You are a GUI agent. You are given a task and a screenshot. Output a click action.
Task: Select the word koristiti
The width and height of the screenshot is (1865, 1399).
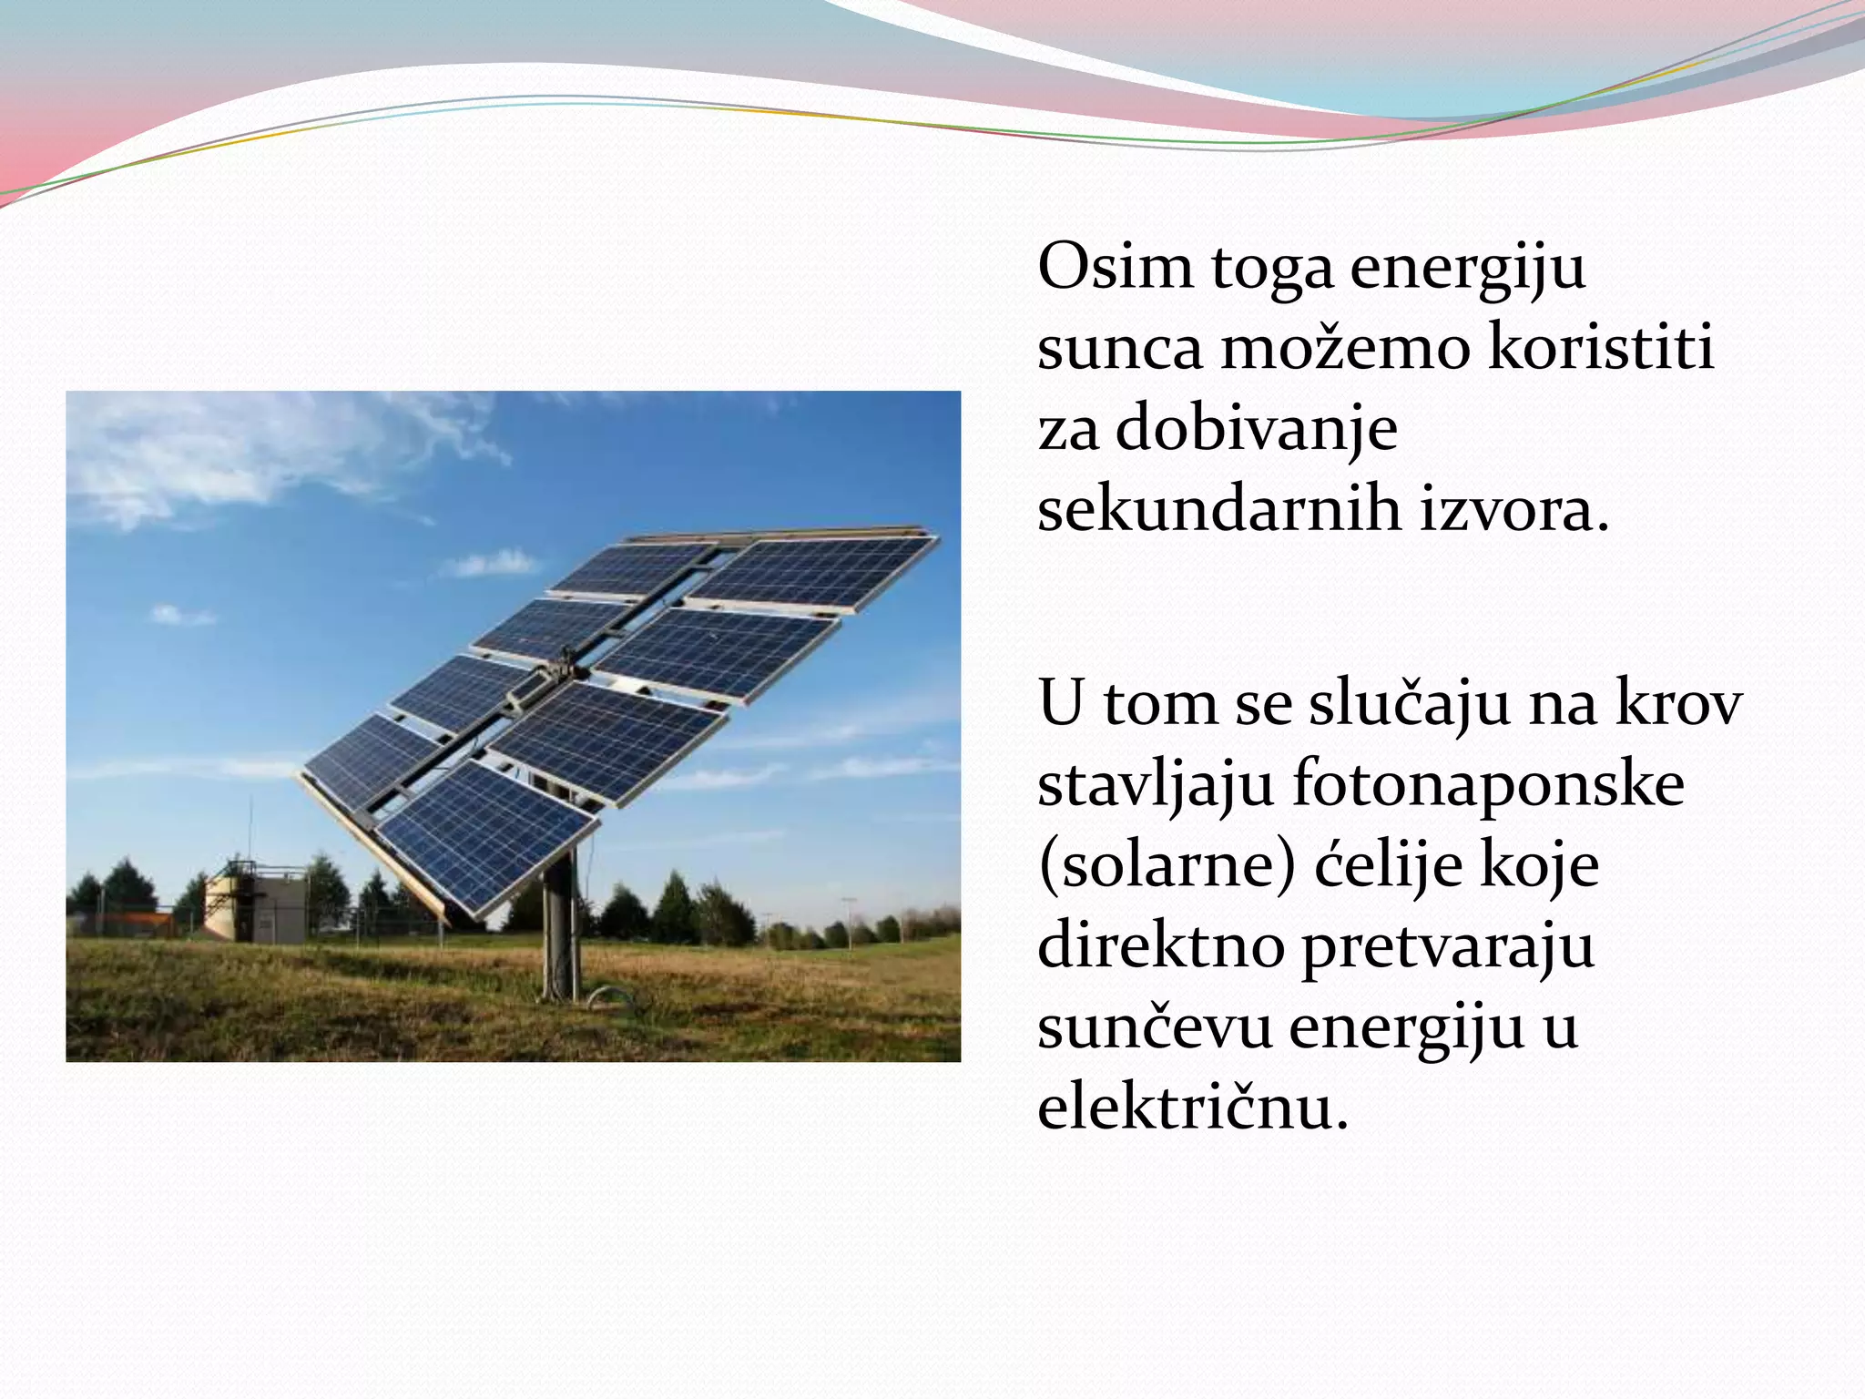(1601, 349)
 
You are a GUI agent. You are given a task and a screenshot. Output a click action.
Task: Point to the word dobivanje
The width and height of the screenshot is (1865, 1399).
(1257, 429)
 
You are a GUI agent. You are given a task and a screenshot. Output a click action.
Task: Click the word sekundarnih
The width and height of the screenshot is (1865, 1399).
(1220, 510)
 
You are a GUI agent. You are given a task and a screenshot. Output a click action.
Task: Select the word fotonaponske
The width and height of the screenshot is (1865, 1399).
(1488, 785)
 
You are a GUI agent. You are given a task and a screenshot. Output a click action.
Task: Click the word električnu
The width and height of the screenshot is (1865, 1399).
(1192, 1108)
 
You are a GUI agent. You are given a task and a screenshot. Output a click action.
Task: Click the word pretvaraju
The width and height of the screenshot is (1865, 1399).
(1448, 946)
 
